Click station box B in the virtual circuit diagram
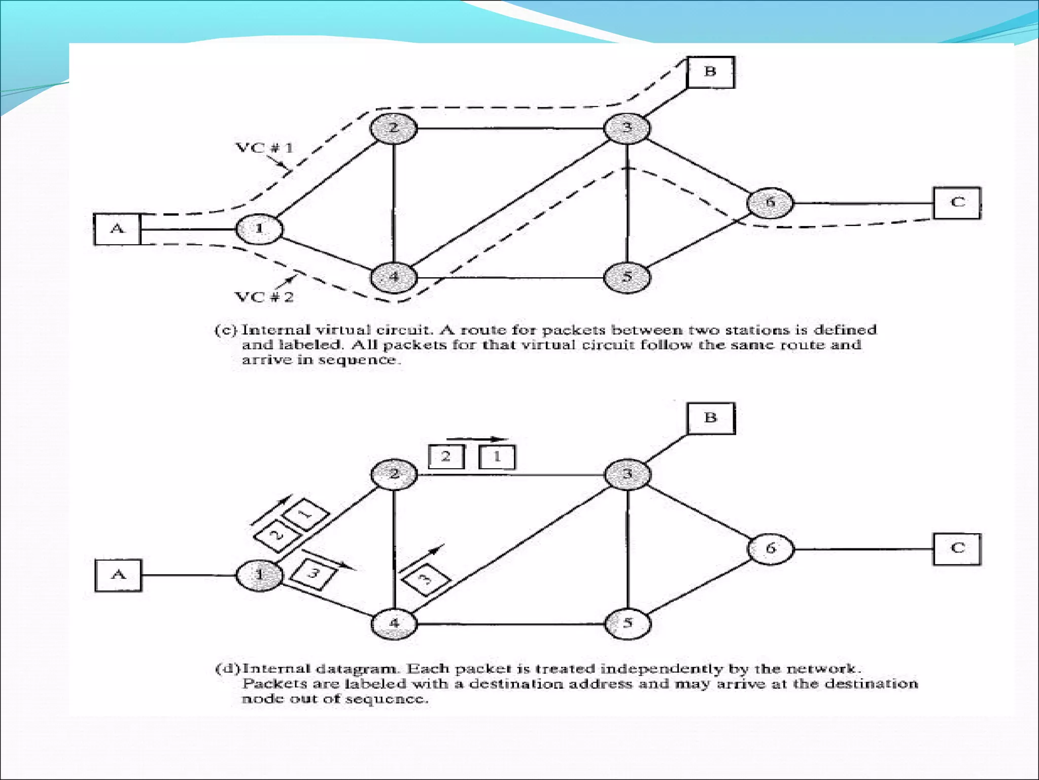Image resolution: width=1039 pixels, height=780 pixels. [710, 72]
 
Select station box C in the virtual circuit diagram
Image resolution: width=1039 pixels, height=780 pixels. [957, 203]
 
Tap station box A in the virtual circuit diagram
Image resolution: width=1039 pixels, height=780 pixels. [117, 229]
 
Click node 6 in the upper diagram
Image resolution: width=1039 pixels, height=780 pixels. [770, 203]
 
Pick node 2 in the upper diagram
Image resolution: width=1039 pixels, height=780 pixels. [394, 128]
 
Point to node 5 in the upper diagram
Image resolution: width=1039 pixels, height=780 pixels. [627, 277]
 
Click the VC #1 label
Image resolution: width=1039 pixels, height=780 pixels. [264, 148]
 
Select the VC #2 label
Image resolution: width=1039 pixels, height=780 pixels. [264, 297]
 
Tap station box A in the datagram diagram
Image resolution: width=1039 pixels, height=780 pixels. [118, 575]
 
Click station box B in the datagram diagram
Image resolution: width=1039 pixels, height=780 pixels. [711, 418]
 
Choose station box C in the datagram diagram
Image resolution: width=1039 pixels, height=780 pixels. [957, 549]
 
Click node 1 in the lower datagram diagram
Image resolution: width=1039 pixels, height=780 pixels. [259, 575]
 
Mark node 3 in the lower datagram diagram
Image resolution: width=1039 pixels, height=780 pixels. [627, 474]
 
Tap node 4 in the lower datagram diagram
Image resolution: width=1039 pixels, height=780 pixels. [394, 623]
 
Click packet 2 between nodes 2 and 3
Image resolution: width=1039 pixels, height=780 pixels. [446, 457]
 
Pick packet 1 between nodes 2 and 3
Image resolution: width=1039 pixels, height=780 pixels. [497, 457]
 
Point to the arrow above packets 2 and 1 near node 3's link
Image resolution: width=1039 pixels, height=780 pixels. [477, 439]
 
